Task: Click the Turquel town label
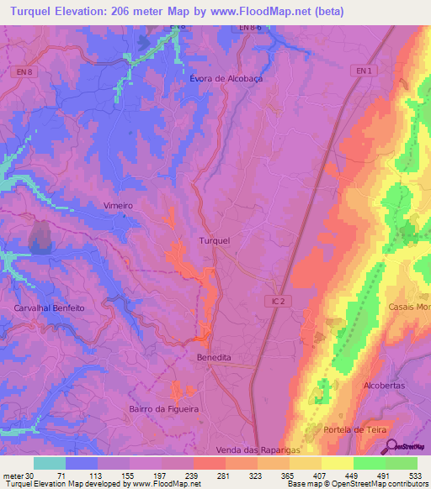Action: (x=214, y=241)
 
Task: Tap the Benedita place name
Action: (x=213, y=357)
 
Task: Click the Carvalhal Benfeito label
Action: (x=50, y=308)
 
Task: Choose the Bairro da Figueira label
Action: (x=164, y=408)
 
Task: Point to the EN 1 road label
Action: (x=363, y=71)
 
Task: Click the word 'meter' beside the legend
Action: (x=13, y=476)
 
